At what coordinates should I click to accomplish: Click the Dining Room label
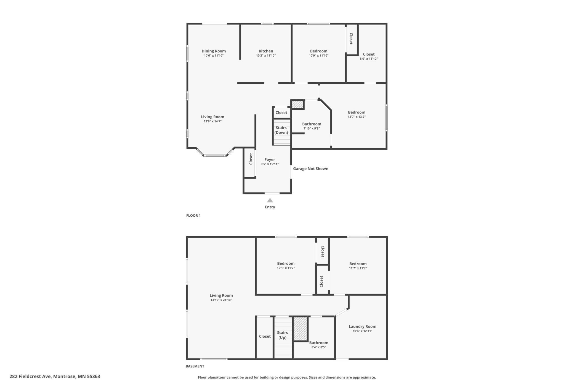(x=214, y=51)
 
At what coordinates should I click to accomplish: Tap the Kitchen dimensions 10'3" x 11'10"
(x=266, y=56)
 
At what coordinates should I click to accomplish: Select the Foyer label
(x=270, y=159)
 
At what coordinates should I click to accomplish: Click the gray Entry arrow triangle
(x=270, y=200)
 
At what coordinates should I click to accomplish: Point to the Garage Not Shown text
(x=311, y=169)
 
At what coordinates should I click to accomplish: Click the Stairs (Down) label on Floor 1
(x=281, y=130)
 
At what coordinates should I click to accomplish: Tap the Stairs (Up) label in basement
(x=282, y=335)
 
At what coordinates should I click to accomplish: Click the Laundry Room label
(x=362, y=326)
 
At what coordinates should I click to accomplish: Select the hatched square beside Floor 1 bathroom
(x=297, y=104)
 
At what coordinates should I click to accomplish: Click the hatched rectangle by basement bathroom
(x=300, y=329)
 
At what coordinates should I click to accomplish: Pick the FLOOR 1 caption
(x=193, y=216)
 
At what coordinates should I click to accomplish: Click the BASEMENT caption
(x=195, y=366)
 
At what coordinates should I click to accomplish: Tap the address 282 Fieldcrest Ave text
(x=30, y=376)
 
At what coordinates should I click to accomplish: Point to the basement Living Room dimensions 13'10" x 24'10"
(x=221, y=300)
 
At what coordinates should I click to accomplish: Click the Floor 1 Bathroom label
(x=312, y=124)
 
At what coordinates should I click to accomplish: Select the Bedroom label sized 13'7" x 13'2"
(x=357, y=112)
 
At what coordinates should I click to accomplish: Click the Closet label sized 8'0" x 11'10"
(x=369, y=54)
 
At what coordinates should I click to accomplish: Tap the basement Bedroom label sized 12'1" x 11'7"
(x=286, y=263)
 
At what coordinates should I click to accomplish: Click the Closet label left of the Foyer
(x=251, y=159)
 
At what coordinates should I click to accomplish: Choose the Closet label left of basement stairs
(x=265, y=336)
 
